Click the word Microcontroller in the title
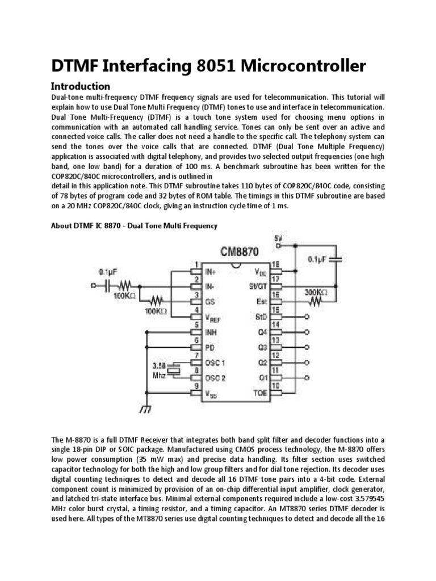[304, 66]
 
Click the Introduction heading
[80, 87]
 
